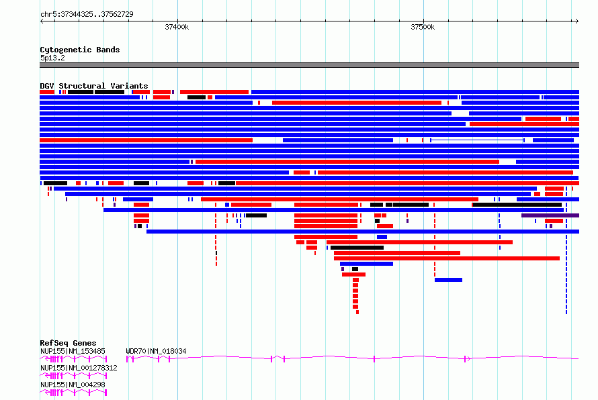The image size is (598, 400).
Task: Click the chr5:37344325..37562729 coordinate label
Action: point(87,15)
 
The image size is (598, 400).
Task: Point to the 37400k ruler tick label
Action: point(177,27)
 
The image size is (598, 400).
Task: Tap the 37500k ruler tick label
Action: point(423,27)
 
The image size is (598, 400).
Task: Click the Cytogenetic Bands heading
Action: point(80,50)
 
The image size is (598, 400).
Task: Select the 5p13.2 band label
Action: point(52,58)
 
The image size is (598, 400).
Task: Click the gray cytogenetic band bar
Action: point(309,65)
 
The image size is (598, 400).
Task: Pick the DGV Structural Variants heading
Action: point(94,86)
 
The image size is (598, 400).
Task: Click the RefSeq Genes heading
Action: point(68,343)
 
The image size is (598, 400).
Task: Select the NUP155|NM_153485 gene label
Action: point(73,351)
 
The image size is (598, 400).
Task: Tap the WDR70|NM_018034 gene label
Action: point(156,351)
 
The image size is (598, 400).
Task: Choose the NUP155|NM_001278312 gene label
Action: point(79,368)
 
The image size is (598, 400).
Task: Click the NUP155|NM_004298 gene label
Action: point(73,385)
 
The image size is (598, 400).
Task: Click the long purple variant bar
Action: point(550,215)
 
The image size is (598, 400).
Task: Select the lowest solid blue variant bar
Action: point(449,280)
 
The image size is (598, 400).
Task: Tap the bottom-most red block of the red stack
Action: point(357,312)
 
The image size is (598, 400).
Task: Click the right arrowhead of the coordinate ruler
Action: point(577,21)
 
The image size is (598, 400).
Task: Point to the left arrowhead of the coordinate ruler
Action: point(42,21)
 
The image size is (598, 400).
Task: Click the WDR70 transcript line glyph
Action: point(352,358)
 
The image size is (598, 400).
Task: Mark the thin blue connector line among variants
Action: point(477,140)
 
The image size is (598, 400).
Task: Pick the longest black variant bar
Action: point(517,205)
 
